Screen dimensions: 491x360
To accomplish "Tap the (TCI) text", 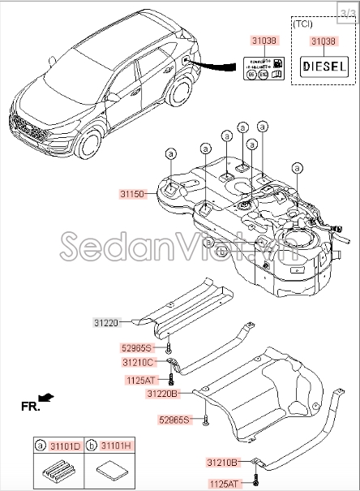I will point(281,24).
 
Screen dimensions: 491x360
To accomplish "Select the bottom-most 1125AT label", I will point(225,483).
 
